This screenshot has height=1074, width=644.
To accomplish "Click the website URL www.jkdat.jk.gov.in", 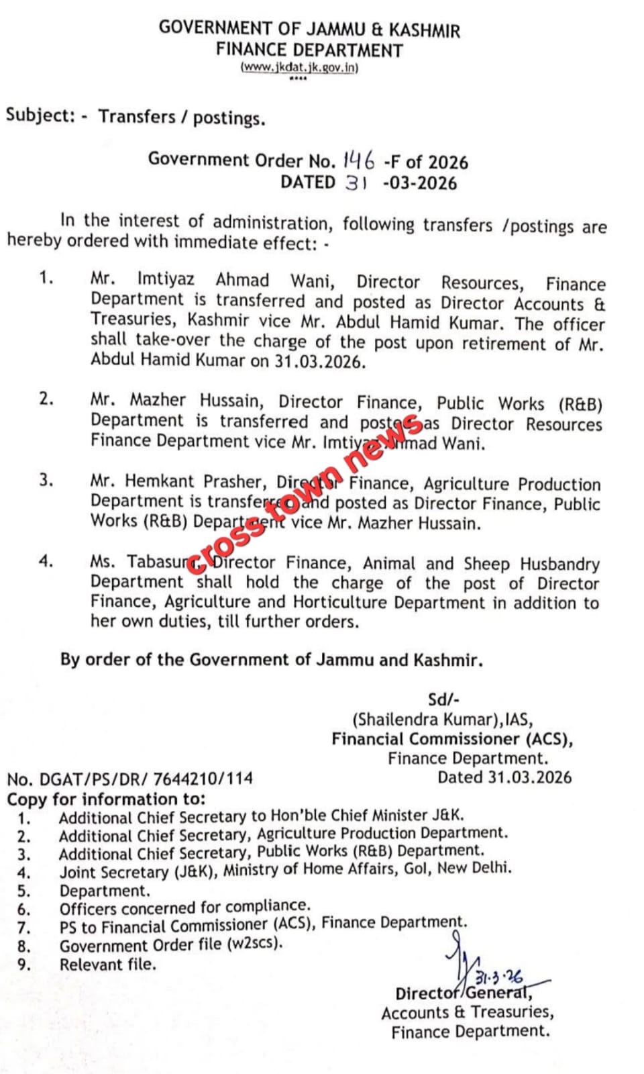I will pyautogui.click(x=299, y=68).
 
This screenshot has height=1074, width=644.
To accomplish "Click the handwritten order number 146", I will pyautogui.click(x=358, y=159).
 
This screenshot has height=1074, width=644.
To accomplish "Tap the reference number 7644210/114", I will pyautogui.click(x=203, y=779).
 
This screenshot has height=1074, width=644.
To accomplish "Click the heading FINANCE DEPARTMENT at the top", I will pyautogui.click(x=309, y=50).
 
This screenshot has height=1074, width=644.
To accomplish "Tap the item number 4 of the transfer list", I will pyautogui.click(x=46, y=561).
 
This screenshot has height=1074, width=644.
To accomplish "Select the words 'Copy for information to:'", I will pyautogui.click(x=106, y=799).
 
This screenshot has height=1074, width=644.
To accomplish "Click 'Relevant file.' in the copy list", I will pyautogui.click(x=107, y=965).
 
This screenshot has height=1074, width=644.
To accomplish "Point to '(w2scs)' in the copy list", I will pyautogui.click(x=255, y=943).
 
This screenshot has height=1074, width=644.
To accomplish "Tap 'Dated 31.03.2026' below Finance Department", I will pyautogui.click(x=504, y=777).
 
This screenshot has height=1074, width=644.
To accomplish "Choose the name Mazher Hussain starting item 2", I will pyautogui.click(x=195, y=401).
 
